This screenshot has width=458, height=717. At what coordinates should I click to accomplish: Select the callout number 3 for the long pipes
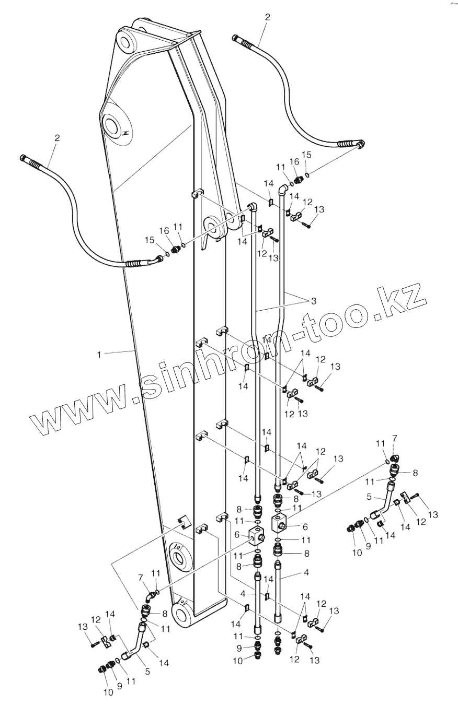pos(314,301)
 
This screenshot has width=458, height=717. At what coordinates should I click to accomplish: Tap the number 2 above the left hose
pos(57,138)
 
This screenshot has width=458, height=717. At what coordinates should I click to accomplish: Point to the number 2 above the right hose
pos(268,17)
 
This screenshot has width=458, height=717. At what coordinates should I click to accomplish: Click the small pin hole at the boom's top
pos(127,41)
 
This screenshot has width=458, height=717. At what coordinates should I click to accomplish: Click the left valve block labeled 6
pos(258,535)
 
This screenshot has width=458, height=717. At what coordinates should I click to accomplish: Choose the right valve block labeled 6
pos(281,523)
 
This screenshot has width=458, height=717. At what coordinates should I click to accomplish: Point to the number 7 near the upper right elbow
pos(395,438)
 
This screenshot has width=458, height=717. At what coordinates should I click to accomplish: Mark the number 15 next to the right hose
pos(306,155)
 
